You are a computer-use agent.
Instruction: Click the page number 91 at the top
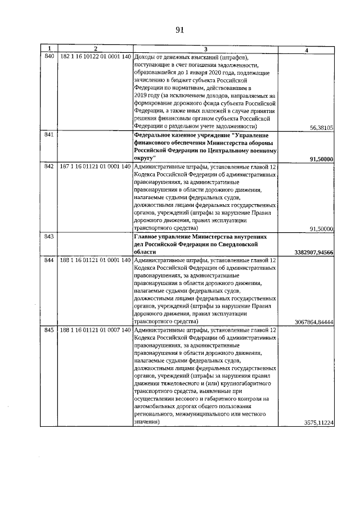tap(180, 30)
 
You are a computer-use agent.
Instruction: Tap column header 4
tap(306, 50)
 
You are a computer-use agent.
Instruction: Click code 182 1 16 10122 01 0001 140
tap(95, 57)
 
